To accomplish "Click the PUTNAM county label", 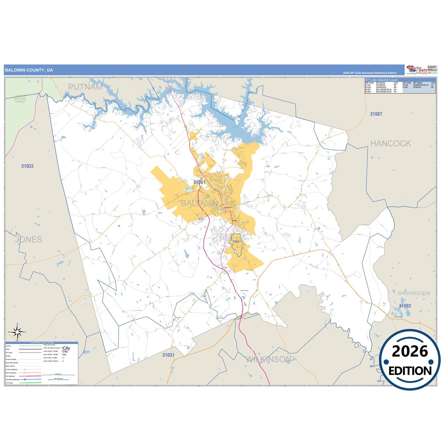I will [x=85, y=87].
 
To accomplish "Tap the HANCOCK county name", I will [x=390, y=143].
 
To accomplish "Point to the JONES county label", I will [x=29, y=240].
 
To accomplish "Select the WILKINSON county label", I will [x=269, y=359].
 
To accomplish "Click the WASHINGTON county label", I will [x=414, y=293].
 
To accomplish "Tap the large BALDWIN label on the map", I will [x=200, y=203].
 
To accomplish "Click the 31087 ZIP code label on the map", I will [x=376, y=114].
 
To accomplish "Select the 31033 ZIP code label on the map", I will [x=27, y=166].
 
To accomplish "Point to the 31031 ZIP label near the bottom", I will [x=168, y=355].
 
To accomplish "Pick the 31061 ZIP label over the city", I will [x=199, y=182].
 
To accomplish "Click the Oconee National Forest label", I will [x=20, y=99].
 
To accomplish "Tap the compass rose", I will [x=17, y=331].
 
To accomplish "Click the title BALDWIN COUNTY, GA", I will [x=29, y=70].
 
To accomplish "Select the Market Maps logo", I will [x=417, y=70].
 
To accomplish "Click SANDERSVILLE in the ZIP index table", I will [x=421, y=85].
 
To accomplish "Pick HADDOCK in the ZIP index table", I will [x=381, y=87].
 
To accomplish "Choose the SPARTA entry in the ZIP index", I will [x=417, y=87].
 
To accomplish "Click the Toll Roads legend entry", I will [x=9, y=383].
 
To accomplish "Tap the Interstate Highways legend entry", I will [x=12, y=379].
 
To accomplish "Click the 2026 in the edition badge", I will [x=410, y=352].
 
